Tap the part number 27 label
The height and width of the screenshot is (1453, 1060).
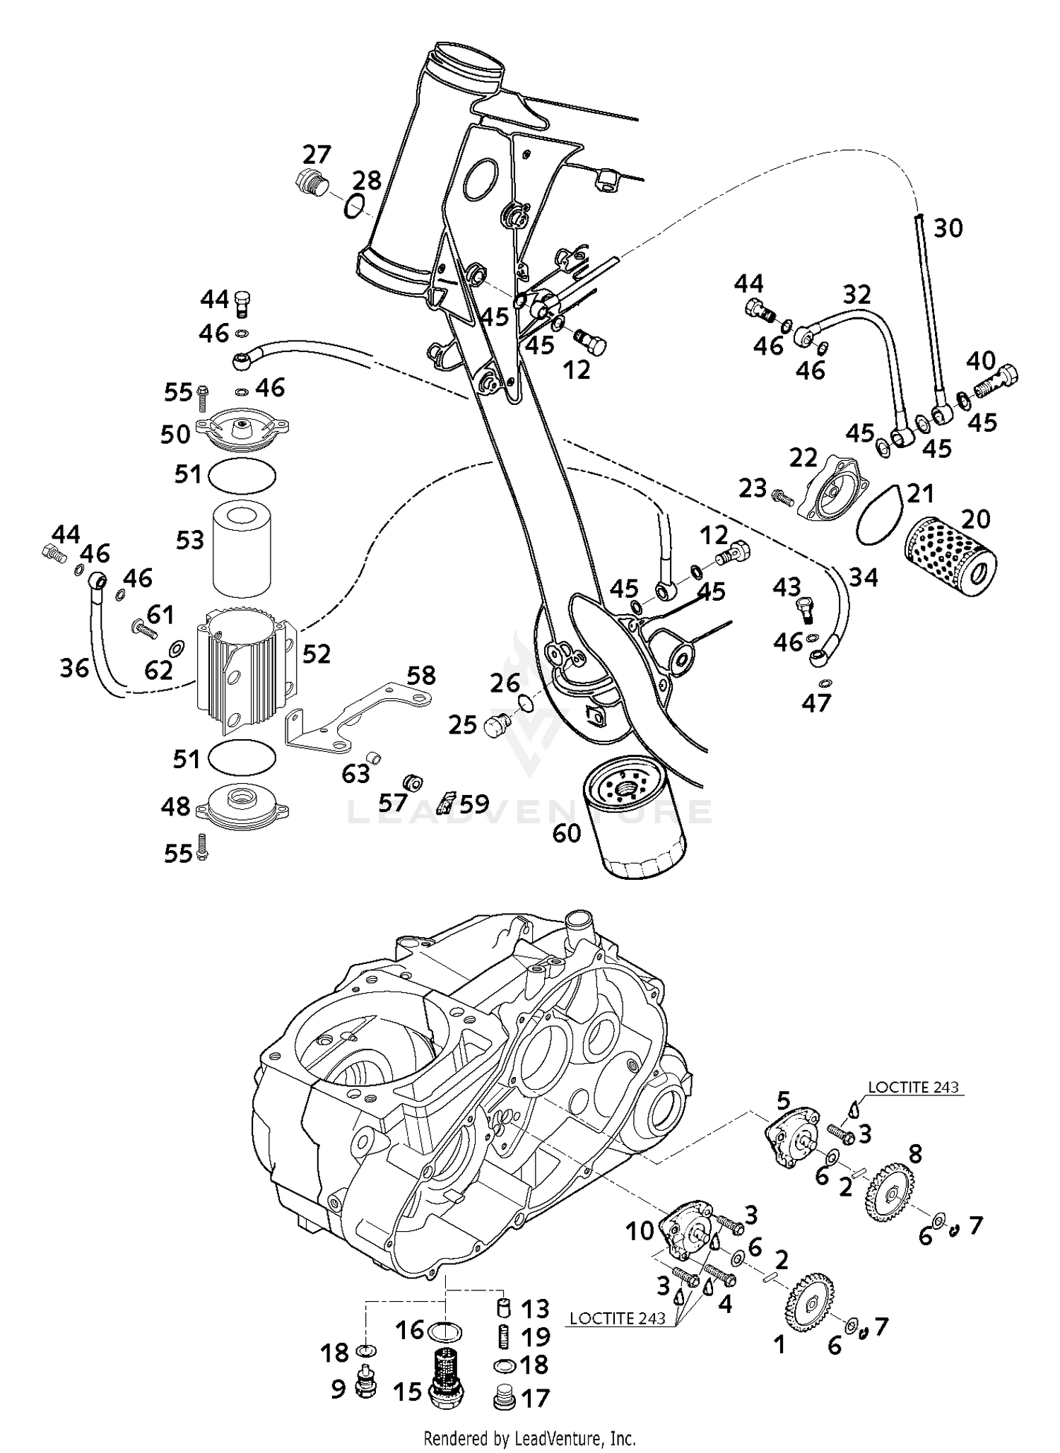(317, 154)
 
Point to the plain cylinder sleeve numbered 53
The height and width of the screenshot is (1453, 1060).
(242, 548)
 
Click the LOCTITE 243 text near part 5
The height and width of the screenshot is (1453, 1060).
(913, 1086)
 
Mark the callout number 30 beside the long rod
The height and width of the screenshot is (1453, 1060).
(948, 228)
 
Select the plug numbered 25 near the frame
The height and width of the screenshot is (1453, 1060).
(499, 725)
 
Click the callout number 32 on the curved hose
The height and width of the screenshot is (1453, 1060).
(856, 294)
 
